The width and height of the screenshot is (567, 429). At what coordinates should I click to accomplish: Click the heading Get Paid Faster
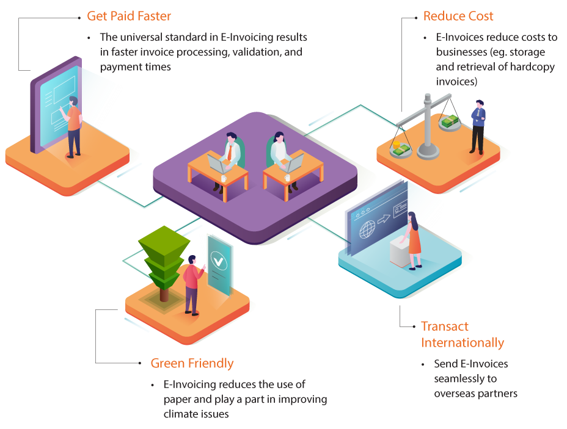pos(129,16)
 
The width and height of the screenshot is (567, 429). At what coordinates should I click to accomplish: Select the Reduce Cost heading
pos(458,16)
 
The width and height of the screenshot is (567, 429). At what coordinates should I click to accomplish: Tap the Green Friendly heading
pos(192,364)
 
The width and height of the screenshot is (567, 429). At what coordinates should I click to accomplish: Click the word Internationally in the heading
pos(463,343)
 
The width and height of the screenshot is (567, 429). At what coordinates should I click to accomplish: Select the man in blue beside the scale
pos(478,127)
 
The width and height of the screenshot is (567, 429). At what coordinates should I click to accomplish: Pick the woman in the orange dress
pos(414,239)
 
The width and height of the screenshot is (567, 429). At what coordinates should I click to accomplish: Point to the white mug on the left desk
pos(224,178)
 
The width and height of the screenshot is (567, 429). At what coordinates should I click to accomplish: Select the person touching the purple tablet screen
pos(74,126)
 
